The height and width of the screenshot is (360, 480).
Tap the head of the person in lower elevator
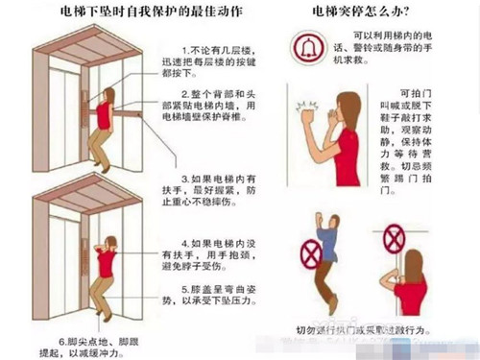112,243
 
